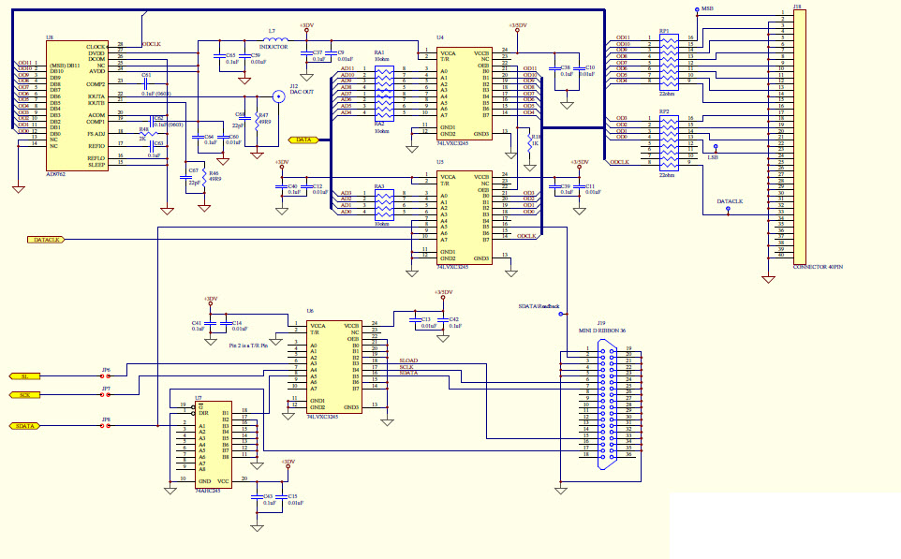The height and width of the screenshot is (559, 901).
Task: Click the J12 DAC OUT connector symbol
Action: [278, 96]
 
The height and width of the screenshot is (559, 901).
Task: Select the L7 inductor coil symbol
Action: [273, 39]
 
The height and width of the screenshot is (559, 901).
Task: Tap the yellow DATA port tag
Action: [304, 140]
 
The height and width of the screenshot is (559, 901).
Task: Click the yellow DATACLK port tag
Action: [46, 240]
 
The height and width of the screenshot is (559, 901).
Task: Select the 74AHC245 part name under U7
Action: [208, 490]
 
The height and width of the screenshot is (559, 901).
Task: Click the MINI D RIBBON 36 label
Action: [600, 331]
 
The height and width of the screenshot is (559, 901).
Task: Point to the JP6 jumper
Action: [106, 376]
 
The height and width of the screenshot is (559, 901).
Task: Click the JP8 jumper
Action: [106, 426]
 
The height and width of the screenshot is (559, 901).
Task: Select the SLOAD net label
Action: [408, 360]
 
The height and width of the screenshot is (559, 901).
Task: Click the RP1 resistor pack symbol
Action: [666, 61]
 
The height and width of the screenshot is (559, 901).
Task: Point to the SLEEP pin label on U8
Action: [96, 165]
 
